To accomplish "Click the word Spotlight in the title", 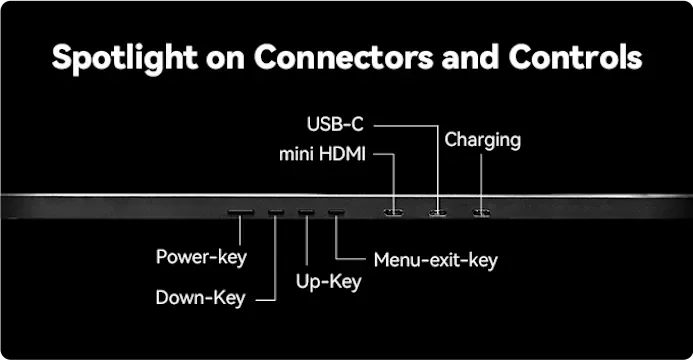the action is [x=125, y=58].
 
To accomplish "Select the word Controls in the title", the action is [x=575, y=57].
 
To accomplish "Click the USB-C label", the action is [x=335, y=125].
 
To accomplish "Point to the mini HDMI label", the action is [x=322, y=155].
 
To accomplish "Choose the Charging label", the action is [x=483, y=141].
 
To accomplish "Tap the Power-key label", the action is [x=202, y=258].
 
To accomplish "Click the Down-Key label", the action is [x=201, y=299].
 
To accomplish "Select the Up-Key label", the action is [x=328, y=282].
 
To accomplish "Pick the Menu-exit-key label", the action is [x=436, y=261].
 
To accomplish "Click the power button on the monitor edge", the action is [x=241, y=212].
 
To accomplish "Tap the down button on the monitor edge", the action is [x=276, y=212].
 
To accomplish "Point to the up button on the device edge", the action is [x=306, y=212].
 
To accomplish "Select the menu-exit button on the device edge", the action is [x=336, y=212].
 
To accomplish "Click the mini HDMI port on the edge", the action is [x=393, y=213].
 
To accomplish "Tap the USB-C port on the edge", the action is [x=438, y=213].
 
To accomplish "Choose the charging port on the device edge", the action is [x=481, y=213].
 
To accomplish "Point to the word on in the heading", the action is [x=225, y=60].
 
